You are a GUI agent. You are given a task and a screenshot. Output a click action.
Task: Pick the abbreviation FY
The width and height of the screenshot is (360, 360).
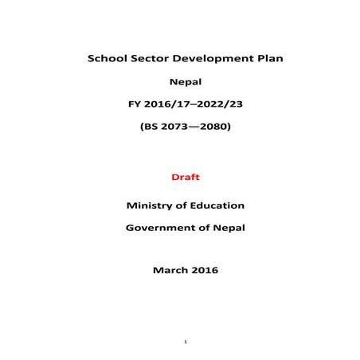click(135, 104)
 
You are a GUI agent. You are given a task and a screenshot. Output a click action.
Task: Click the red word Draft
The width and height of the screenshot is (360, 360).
click(185, 175)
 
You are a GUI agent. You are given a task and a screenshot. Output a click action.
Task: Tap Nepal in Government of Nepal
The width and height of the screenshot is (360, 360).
click(228, 227)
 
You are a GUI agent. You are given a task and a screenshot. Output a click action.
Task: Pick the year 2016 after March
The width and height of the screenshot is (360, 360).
click(204, 270)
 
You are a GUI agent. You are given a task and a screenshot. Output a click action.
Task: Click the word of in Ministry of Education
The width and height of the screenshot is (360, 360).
click(182, 205)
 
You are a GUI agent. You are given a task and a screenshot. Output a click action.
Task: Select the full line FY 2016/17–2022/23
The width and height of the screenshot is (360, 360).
click(185, 104)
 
